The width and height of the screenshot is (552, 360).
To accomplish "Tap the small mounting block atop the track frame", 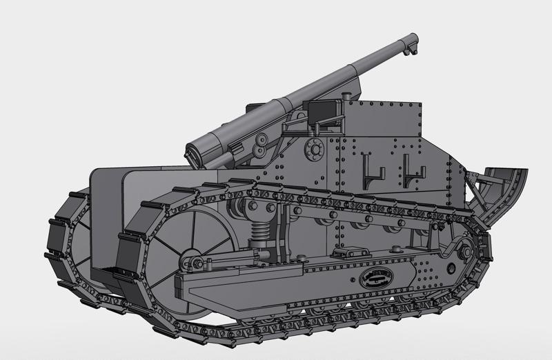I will (342, 254).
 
